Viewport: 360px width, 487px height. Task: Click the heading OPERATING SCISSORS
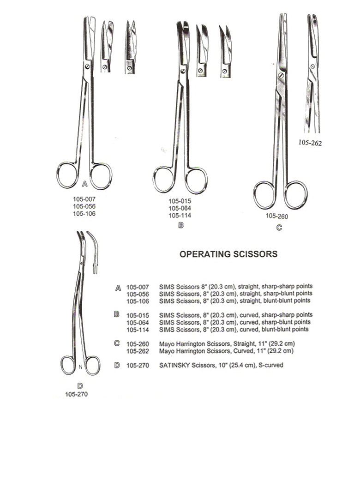pos(228,254)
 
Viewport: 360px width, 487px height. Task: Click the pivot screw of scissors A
pos(87,66)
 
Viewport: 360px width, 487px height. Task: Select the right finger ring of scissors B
pos(196,180)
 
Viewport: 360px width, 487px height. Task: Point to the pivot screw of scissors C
pos(282,75)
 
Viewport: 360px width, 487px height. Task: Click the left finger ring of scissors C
pos(264,195)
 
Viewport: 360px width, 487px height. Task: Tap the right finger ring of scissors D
pos(93,366)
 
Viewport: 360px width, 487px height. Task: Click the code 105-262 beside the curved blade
pos(310,143)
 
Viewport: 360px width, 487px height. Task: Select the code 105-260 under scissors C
pos(277,216)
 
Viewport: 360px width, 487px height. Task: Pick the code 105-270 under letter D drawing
pos(77,394)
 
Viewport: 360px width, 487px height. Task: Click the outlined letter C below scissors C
pos(279,228)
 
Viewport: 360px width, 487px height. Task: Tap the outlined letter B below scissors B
pos(181,225)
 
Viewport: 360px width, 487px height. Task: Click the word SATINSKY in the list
pos(174,365)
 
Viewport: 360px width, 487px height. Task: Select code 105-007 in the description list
pos(138,287)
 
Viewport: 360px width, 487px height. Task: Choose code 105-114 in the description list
pos(138,330)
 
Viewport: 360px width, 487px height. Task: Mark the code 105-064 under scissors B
pos(180,208)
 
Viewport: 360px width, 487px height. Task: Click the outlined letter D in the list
pos(117,365)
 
